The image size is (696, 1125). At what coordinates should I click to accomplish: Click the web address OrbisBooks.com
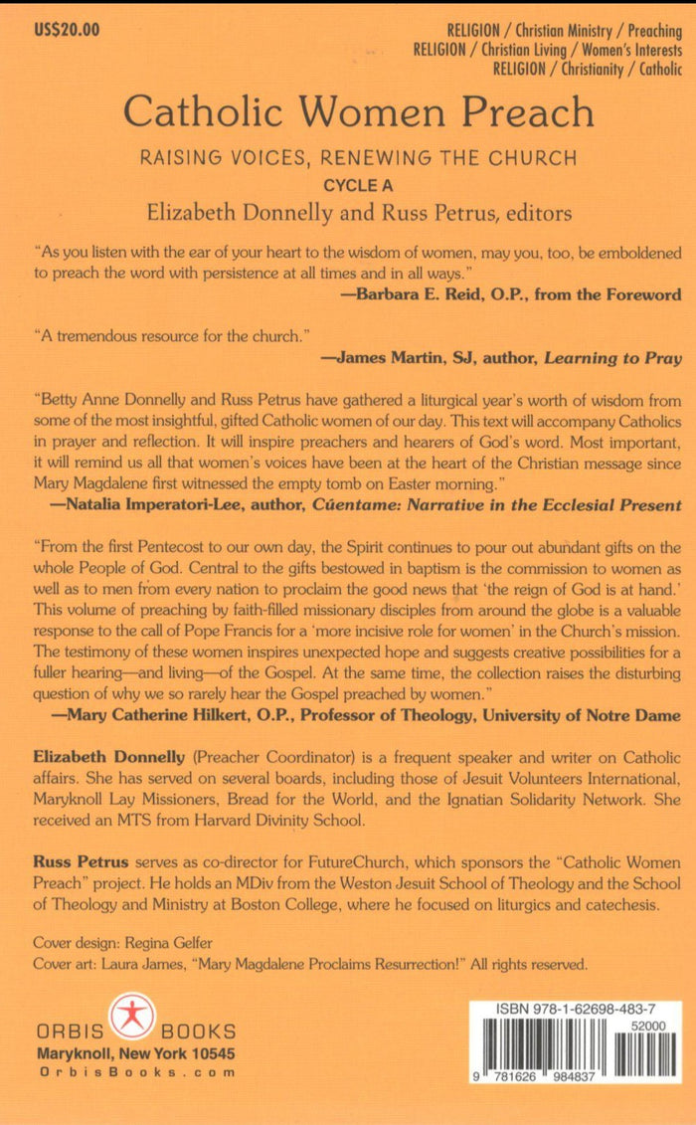tap(136, 1072)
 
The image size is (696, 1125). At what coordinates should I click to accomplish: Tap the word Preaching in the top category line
tap(642, 31)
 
